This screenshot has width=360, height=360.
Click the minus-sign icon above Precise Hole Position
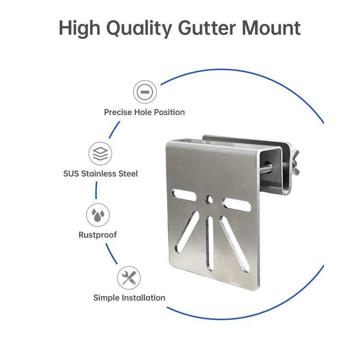144,92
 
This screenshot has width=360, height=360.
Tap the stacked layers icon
100,153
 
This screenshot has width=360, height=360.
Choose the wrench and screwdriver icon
129,278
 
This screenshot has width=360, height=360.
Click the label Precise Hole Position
144,112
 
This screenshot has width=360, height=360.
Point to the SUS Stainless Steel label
100,173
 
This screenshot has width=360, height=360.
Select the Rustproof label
98,235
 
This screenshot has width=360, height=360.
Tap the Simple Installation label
129,297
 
